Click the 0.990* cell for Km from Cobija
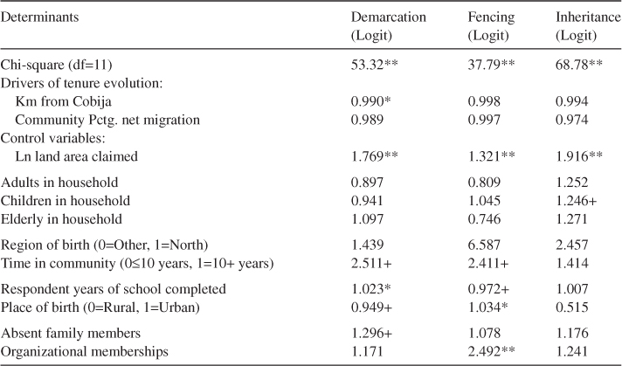(370, 102)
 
